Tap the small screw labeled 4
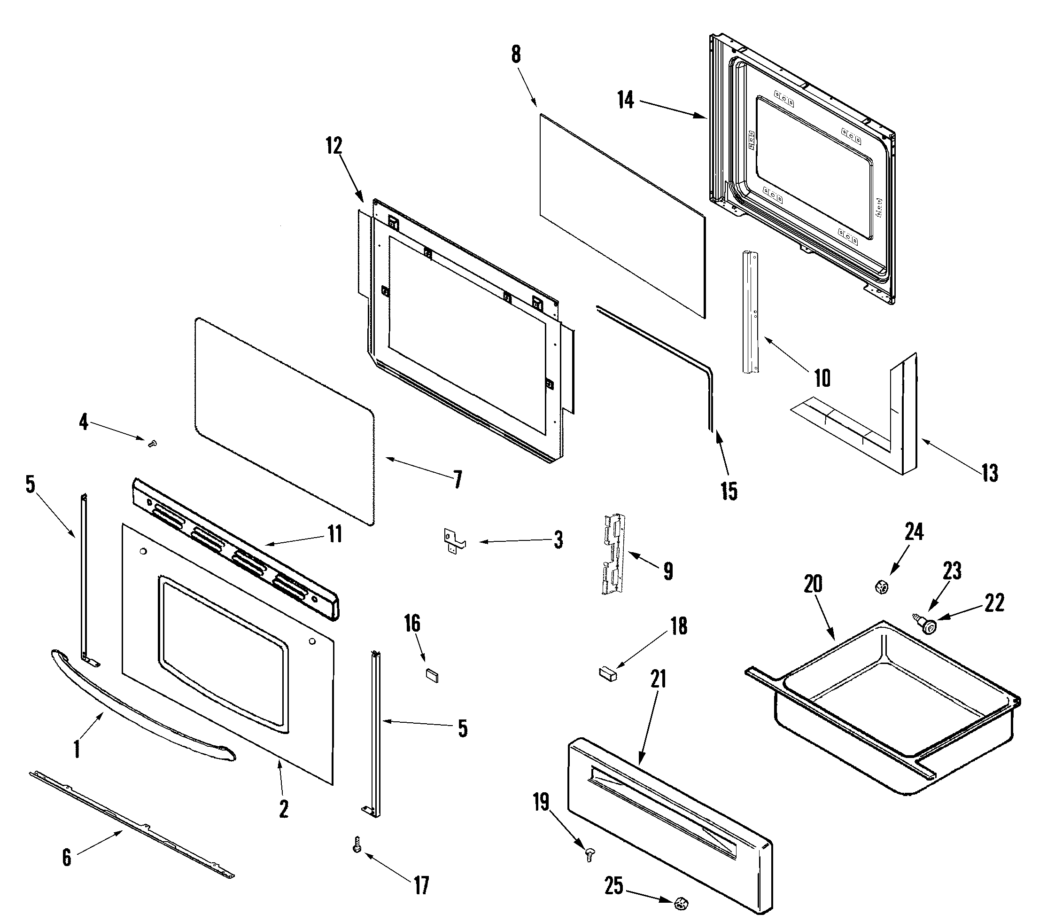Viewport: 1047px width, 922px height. [x=152, y=443]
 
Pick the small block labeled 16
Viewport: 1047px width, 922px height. [x=432, y=674]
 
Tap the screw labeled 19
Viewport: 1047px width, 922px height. [x=589, y=853]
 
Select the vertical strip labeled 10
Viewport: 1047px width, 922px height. [x=749, y=312]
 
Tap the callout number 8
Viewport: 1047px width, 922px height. [x=516, y=55]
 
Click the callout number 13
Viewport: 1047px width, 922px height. [x=990, y=473]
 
